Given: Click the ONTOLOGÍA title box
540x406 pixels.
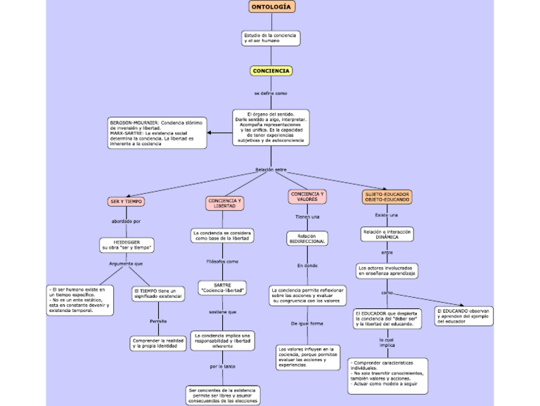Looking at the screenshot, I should click(x=271, y=7).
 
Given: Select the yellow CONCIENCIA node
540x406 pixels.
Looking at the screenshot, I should click(x=271, y=71).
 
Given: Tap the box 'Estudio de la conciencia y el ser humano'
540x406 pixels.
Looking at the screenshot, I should click(x=271, y=38).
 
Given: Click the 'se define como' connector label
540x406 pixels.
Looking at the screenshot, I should click(x=271, y=93).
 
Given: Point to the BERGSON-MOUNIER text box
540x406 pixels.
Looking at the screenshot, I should click(x=157, y=133).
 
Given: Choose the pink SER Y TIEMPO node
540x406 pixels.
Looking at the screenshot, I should click(x=126, y=202).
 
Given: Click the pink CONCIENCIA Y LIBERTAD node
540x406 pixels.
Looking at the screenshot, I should click(x=225, y=203).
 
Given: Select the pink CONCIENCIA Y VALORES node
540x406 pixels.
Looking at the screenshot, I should click(x=307, y=196).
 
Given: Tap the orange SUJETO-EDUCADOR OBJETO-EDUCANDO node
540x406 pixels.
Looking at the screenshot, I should click(x=387, y=197).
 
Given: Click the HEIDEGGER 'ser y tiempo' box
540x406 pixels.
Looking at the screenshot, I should click(x=127, y=244).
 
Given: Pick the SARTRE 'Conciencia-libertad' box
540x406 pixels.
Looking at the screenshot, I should click(x=222, y=288).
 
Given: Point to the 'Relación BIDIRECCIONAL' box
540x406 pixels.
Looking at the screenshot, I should click(x=307, y=239).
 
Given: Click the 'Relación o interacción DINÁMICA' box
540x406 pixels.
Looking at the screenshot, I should click(x=387, y=234).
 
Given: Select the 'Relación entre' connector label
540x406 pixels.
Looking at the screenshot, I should click(x=271, y=169).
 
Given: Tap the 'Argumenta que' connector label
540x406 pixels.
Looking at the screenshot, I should click(x=126, y=264).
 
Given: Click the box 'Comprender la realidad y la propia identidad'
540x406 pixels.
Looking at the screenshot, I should click(x=158, y=343).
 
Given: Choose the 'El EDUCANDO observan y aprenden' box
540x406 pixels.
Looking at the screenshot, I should click(x=463, y=315).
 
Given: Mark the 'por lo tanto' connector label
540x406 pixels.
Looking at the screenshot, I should click(x=223, y=367).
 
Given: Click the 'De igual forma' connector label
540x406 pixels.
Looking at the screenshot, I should click(x=307, y=323).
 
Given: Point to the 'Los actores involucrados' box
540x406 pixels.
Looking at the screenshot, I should click(x=387, y=270).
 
